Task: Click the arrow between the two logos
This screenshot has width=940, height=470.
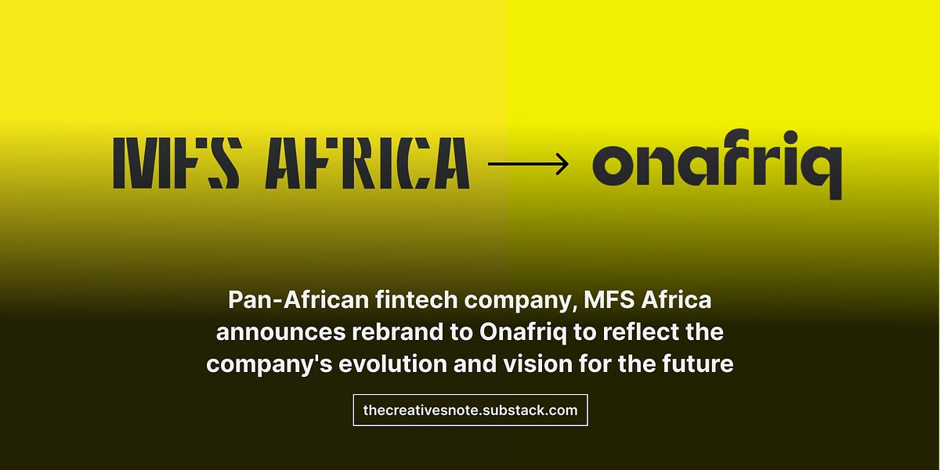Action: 529,164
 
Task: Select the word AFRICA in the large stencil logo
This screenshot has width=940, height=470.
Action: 367,163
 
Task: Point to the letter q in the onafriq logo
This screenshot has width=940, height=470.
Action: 822,169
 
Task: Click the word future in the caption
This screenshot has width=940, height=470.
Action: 700,365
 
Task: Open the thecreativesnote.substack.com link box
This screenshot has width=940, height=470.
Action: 470,410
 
